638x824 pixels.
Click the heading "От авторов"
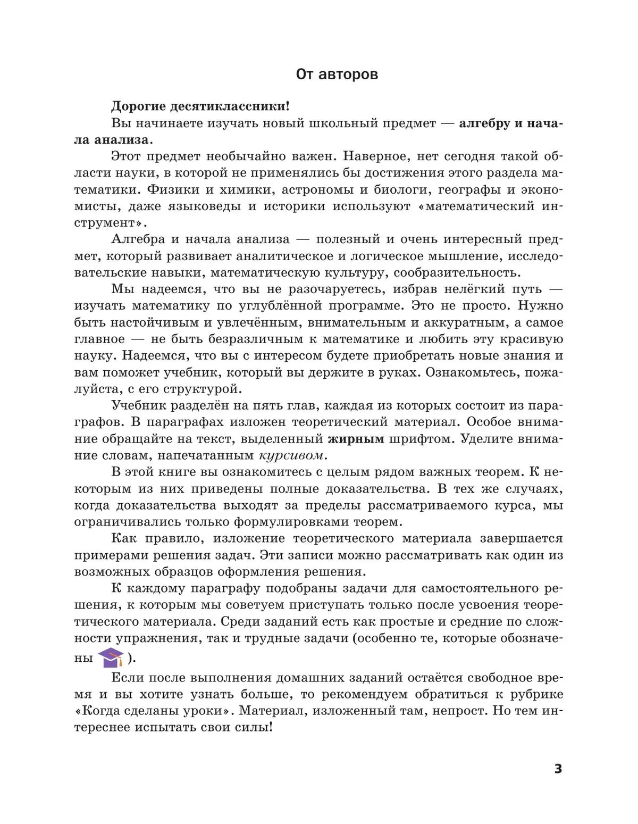tap(337, 74)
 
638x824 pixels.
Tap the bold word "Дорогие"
tap(138, 106)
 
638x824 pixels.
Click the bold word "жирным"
tap(356, 439)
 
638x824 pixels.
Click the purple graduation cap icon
tap(112, 658)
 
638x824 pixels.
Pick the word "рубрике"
tap(538, 694)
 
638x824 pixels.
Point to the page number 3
tap(558, 769)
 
